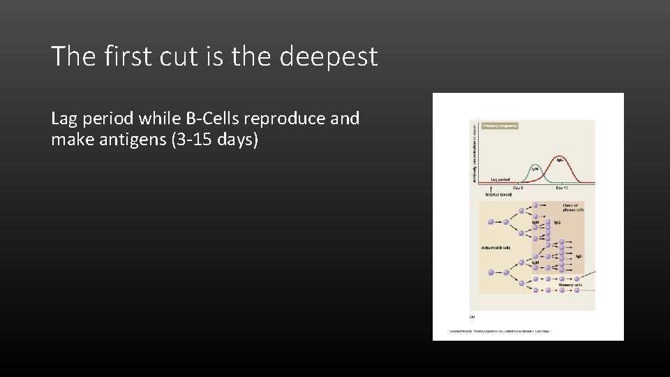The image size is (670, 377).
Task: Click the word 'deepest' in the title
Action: coord(329,56)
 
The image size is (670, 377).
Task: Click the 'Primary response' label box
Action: coord(499,126)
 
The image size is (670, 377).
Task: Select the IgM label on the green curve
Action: coord(535,168)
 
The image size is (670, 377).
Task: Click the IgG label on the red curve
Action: coord(560,160)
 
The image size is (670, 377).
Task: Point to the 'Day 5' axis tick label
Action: coord(518,188)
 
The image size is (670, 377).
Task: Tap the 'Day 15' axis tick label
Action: coord(561,188)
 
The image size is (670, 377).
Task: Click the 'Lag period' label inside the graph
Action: coord(500,179)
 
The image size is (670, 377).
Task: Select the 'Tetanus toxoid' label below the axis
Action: coord(498,195)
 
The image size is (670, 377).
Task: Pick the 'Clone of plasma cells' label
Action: coord(573,207)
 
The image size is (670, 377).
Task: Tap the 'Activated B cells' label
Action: coord(496,247)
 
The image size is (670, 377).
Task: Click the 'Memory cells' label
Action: coord(570,285)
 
